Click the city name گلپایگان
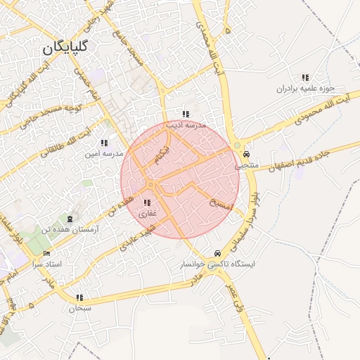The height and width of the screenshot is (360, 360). pyautogui.click(x=64, y=48)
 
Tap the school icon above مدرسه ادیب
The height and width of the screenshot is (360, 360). pyautogui.click(x=186, y=114)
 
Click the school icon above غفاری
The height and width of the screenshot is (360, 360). pyautogui.click(x=147, y=203)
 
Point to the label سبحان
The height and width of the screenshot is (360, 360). pyautogui.click(x=80, y=308)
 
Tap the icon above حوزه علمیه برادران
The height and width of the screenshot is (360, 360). pyautogui.click(x=304, y=77)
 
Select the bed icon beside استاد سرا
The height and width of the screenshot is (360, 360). pyautogui.click(x=47, y=253)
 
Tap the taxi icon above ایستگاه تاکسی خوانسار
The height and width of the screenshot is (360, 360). pyautogui.click(x=216, y=253)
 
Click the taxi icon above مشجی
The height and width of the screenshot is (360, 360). pyautogui.click(x=245, y=154)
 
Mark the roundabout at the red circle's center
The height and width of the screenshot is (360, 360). pyautogui.click(x=150, y=185)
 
